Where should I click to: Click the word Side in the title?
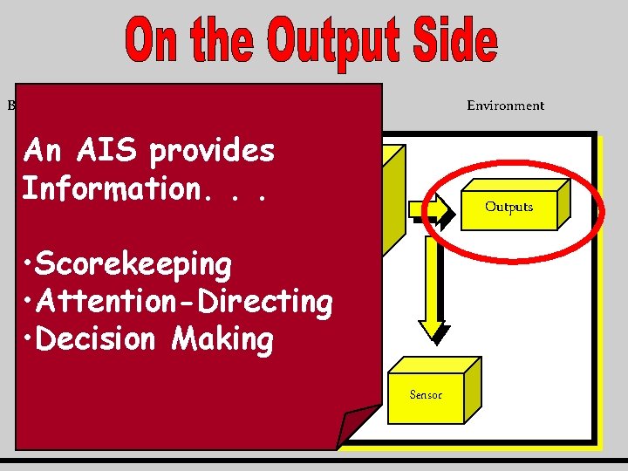coord(454,42)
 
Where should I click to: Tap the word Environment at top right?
coord(505,106)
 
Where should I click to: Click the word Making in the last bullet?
coord(222,340)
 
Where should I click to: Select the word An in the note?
coord(43,152)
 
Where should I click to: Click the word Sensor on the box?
coord(426,395)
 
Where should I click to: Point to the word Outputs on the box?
coord(509,207)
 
